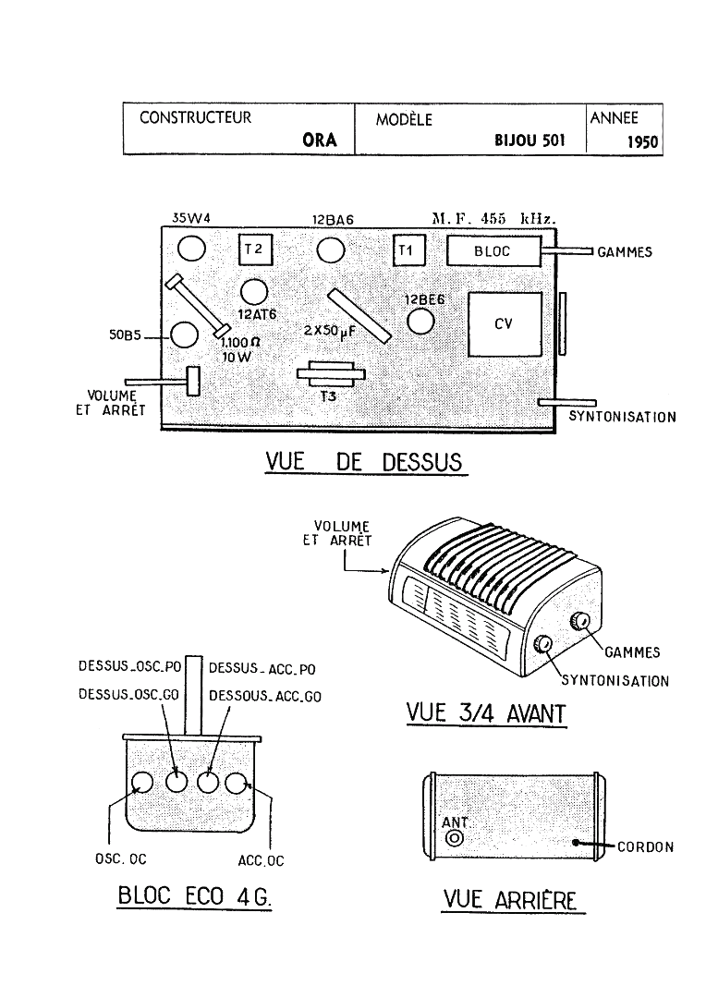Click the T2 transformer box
pos(255,249)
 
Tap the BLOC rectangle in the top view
pos(494,250)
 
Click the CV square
pos(505,324)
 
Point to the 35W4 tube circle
pos(191,249)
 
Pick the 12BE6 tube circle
pos(420,320)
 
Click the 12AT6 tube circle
pos(254,293)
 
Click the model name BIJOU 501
pos(529,140)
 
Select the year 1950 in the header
pos(642,142)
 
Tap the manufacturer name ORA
pos(320,140)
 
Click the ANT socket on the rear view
pos(454,838)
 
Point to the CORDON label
pos(646,847)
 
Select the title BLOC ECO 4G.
pos(195,896)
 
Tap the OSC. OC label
pos(121,858)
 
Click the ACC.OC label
pos(261,860)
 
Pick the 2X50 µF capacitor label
pos(329,332)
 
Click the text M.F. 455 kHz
pos(494,218)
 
